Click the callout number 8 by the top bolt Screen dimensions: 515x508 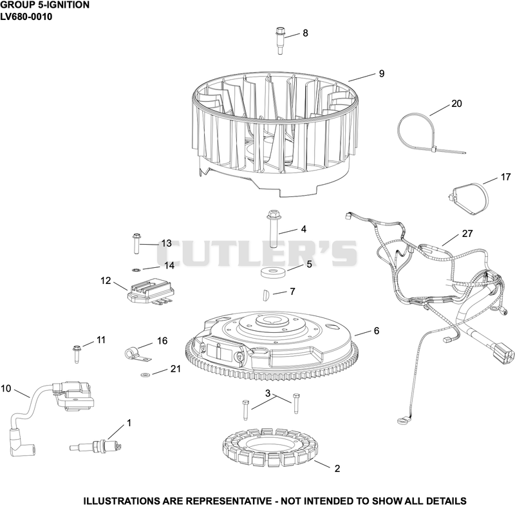tap(305, 33)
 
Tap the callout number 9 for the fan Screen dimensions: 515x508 tap(382, 73)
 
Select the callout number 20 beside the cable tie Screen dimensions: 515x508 tap(456, 104)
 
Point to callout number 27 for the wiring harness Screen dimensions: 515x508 tap(467, 234)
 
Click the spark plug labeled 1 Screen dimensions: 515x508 tap(96, 447)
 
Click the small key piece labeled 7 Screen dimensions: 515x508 tap(267, 294)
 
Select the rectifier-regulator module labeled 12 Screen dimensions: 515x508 tap(150, 292)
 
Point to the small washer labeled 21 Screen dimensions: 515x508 tap(144, 375)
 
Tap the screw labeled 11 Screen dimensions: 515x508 tap(77, 354)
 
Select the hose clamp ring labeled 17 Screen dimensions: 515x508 tap(469, 198)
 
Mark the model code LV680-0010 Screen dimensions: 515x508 tap(26, 17)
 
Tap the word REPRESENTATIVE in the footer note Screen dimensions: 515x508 tap(229, 501)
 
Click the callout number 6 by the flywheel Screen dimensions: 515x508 tap(377, 330)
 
